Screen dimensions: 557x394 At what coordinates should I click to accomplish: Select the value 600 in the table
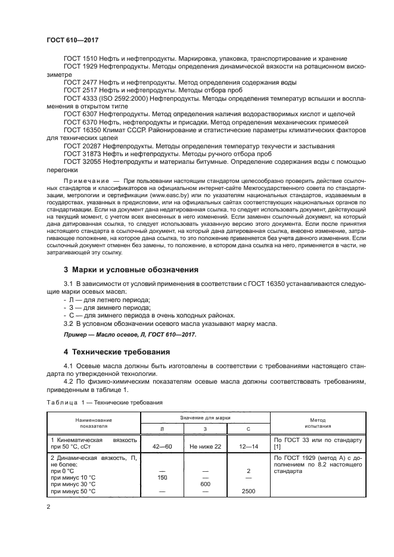click(205, 484)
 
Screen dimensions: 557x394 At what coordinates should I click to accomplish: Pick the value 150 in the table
click(161, 477)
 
